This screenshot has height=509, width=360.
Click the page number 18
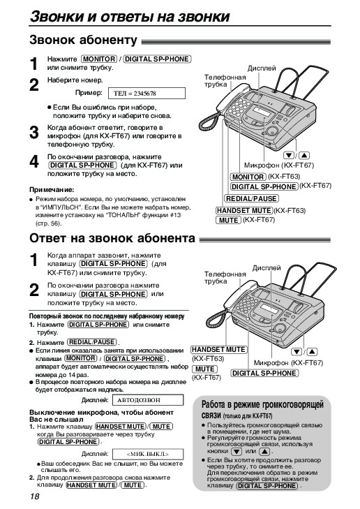tap(34, 496)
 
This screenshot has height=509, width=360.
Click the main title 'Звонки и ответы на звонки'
tap(130, 16)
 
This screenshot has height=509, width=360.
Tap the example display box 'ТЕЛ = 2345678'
tap(147, 94)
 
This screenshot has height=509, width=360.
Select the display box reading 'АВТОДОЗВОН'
tap(148, 400)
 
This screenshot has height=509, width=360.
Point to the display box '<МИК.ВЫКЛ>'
tap(148, 454)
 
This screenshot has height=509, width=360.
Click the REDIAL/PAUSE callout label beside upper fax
tap(251, 199)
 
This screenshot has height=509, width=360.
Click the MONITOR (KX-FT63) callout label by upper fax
tap(248, 177)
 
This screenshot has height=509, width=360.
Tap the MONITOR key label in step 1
tap(99, 59)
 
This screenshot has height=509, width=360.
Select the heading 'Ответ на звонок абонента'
tap(112, 238)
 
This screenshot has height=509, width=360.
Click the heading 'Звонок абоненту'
tap(83, 40)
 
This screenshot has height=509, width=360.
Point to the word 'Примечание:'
tap(52, 190)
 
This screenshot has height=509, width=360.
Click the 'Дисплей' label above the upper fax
tap(262, 68)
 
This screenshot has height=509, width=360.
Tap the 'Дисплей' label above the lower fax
tap(267, 268)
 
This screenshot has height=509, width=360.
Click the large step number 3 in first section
tap(34, 133)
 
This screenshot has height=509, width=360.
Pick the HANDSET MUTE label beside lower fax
tap(218, 350)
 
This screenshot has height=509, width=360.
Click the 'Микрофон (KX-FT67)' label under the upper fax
tap(279, 165)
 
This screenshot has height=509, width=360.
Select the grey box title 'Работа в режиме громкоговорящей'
tap(263, 404)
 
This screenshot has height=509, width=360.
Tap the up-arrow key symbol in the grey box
tap(265, 452)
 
